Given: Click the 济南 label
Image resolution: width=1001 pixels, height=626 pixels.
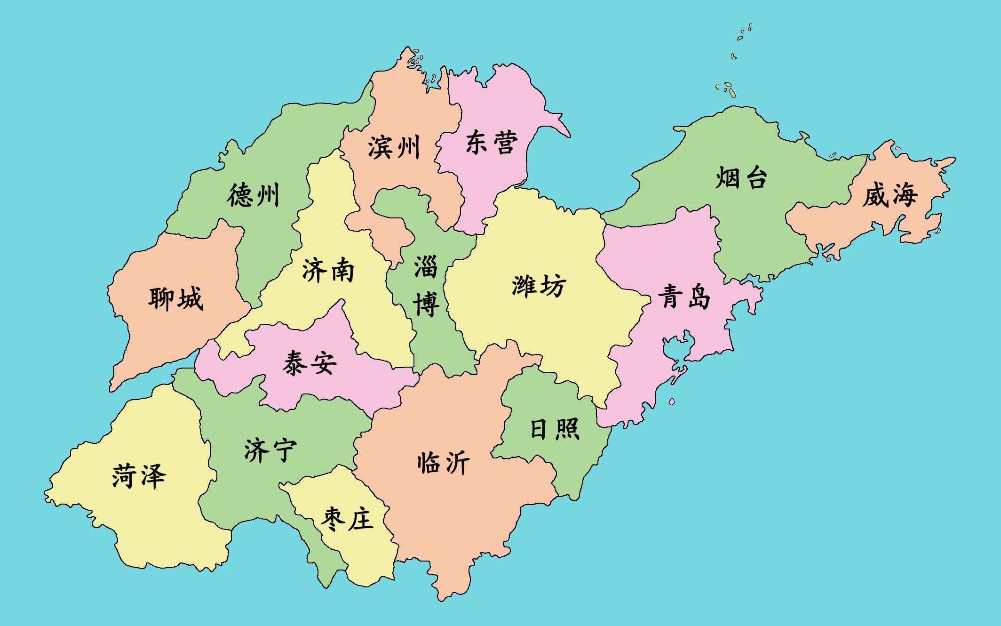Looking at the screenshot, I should [327, 270].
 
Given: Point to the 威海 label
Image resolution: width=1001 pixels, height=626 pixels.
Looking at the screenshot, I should [890, 195].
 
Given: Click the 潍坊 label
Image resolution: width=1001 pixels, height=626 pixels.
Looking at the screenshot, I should [539, 286].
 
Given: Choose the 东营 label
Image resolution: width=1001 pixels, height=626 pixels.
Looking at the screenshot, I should [492, 142].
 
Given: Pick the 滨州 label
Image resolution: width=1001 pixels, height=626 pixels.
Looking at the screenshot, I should [394, 148].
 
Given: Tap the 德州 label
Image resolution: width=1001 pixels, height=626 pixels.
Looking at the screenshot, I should [253, 195].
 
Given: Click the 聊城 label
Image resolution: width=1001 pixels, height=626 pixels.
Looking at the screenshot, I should [176, 298].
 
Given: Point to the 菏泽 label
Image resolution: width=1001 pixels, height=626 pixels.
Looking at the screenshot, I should [139, 475].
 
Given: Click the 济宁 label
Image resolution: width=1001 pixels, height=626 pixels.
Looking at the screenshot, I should [270, 450].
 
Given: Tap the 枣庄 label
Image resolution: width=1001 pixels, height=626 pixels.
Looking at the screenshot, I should [347, 519].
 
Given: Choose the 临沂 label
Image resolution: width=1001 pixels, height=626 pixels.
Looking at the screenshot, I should [443, 463].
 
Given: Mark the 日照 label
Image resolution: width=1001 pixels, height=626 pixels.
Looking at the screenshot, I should [555, 429].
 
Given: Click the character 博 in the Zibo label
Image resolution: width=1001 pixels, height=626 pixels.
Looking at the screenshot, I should [426, 304].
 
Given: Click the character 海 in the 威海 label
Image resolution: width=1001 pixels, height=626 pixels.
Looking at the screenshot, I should [904, 195].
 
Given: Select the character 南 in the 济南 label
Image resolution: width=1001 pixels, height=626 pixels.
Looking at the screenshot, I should [342, 271].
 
